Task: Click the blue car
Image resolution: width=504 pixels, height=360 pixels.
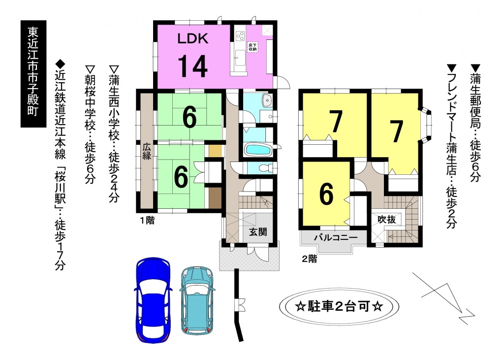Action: point(153,300)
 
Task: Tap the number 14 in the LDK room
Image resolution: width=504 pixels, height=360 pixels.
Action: point(192,66)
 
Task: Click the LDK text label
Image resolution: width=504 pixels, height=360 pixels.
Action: point(193,38)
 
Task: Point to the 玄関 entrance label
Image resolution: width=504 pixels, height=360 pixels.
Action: point(258,231)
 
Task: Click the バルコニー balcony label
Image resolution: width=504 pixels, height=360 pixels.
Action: point(336,238)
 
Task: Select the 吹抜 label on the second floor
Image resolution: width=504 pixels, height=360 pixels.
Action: point(386,220)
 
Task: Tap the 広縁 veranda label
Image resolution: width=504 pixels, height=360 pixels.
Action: point(147,152)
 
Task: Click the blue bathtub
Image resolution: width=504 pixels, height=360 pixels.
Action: point(258,150)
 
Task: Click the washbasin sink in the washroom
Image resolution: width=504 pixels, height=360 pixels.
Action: point(267,100)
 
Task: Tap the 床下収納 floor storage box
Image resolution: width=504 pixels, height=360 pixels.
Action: point(252,47)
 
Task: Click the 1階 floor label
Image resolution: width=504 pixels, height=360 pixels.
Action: point(147,221)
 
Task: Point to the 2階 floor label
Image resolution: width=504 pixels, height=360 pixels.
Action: point(309,259)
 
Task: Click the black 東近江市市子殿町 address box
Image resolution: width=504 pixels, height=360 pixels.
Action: point(33,74)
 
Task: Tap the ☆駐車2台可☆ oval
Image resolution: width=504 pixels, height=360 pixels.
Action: point(339,306)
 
